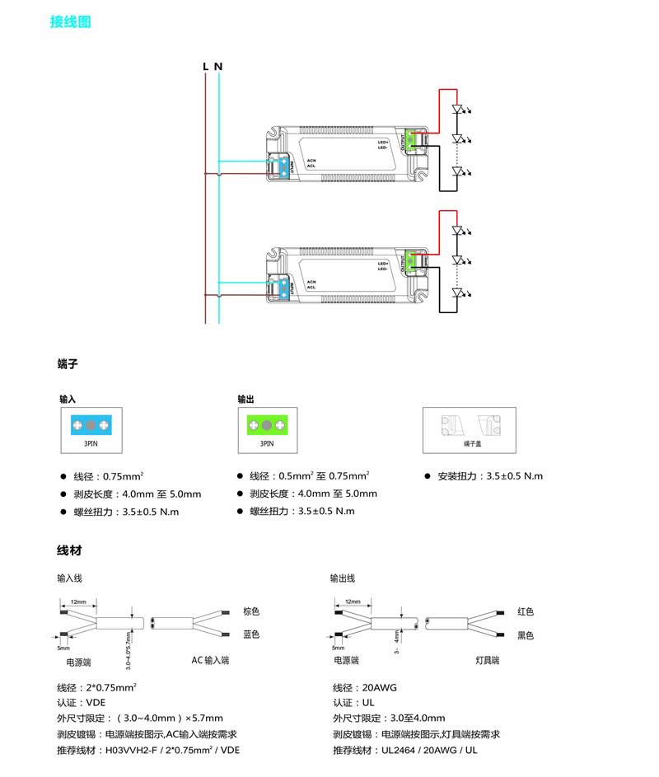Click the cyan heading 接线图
(x=71, y=22)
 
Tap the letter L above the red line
(x=205, y=66)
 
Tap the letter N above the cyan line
(x=218, y=66)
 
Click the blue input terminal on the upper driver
(x=283, y=165)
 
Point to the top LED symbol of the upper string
(x=460, y=109)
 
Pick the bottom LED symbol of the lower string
(x=460, y=293)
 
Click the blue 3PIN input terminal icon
(x=91, y=425)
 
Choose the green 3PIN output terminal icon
(x=267, y=425)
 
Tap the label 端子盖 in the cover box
(x=471, y=444)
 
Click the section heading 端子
(x=68, y=363)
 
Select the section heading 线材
(x=68, y=550)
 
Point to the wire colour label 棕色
(x=251, y=611)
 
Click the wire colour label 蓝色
(x=251, y=634)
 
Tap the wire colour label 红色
(x=526, y=611)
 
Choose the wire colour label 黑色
(x=526, y=634)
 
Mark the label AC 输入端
(x=210, y=661)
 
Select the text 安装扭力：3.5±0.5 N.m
(x=484, y=476)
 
